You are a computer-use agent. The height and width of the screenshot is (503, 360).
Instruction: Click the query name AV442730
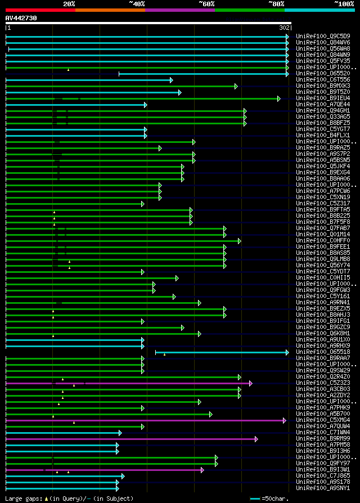(x=21, y=18)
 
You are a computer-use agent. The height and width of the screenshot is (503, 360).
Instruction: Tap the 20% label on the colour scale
(x=69, y=3)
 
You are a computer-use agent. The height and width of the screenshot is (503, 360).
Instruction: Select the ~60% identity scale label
(x=206, y=3)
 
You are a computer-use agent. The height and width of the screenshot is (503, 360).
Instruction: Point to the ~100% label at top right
(x=344, y=3)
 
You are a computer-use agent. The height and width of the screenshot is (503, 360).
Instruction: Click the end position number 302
(x=284, y=28)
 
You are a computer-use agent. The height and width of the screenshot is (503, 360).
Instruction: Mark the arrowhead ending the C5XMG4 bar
(x=285, y=420)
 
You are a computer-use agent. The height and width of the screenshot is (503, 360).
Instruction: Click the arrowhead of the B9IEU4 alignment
(x=278, y=98)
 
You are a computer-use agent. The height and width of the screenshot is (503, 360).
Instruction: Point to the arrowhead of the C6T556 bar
(x=172, y=80)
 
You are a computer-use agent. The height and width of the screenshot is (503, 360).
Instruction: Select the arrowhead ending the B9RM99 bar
(x=256, y=439)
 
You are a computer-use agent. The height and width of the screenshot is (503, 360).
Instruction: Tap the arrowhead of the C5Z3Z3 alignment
(x=251, y=383)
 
